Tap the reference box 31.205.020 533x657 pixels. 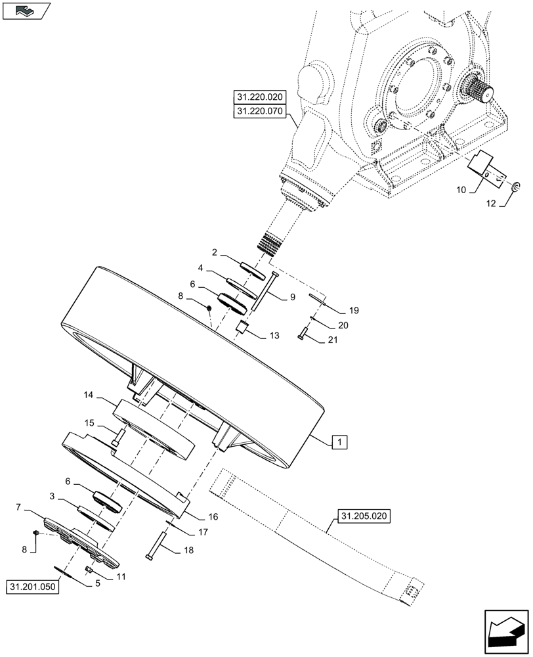[364, 516]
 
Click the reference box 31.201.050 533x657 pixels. [33, 586]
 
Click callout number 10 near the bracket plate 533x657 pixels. [460, 190]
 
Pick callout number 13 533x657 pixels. [274, 336]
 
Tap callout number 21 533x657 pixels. [332, 339]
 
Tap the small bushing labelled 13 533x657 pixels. [241, 328]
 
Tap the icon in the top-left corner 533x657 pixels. [26, 11]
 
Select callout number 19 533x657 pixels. [353, 309]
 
